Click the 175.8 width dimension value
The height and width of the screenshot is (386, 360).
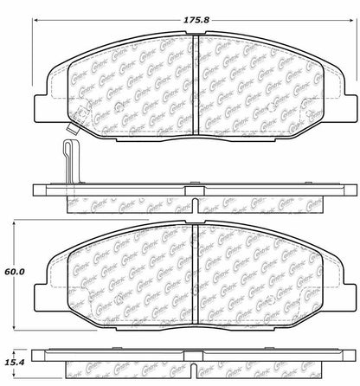(x=193, y=8)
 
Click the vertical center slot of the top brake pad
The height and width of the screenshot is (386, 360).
(x=193, y=78)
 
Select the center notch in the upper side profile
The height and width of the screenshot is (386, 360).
(x=193, y=206)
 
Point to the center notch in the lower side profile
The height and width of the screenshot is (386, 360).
(x=193, y=368)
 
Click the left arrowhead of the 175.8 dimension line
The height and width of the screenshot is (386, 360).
(x=36, y=22)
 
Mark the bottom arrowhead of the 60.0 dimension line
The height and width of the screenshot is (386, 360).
(x=15, y=326)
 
